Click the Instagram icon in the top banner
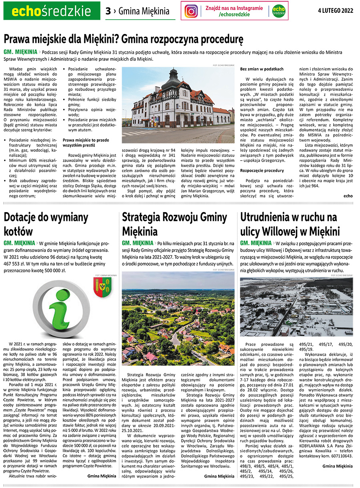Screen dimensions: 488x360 (192, 11)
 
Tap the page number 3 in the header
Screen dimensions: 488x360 (108, 11)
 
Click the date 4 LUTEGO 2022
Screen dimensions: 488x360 (336, 11)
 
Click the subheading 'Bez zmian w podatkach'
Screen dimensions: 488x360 (262, 69)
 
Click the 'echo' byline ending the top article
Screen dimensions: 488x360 (348, 196)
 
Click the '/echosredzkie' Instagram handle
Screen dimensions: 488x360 (234, 15)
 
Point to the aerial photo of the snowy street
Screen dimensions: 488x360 (296, 307)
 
